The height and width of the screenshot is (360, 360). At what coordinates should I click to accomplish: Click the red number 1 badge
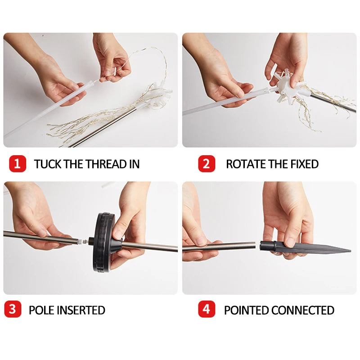[18, 164]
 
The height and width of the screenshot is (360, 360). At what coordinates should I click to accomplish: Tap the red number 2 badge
[207, 164]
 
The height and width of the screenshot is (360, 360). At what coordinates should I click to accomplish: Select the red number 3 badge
[13, 309]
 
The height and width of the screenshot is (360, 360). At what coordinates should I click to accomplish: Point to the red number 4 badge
[207, 309]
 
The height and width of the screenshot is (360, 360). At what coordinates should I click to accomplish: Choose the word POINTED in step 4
[247, 310]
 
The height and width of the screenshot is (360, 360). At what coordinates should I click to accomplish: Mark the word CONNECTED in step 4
[303, 310]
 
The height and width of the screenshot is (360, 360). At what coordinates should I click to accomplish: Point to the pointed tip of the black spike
[351, 251]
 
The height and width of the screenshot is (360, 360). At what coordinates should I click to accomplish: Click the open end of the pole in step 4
[254, 245]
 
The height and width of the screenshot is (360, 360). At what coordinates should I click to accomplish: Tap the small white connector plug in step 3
[82, 241]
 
